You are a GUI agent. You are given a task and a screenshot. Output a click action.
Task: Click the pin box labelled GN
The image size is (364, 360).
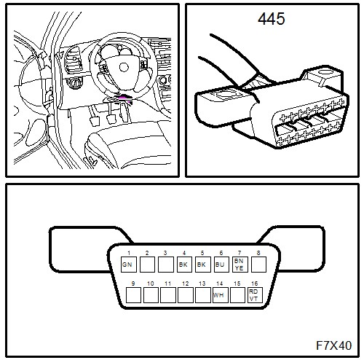[129, 265]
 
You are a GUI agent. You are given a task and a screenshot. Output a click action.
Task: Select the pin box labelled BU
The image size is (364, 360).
[221, 265]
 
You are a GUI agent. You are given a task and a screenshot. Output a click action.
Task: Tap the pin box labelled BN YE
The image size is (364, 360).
[240, 265]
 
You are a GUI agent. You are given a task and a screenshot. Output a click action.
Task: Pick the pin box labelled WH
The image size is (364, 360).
[221, 295]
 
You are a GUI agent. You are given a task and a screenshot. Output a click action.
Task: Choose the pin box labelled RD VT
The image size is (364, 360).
[255, 295]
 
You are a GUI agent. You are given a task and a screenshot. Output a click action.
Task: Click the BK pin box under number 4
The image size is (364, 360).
[184, 265]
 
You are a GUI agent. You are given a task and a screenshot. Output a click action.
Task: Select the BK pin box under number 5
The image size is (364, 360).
[203, 265]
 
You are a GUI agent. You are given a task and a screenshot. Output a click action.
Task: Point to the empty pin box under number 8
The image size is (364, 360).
[258, 265]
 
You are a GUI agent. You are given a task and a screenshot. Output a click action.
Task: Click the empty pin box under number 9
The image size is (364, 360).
[133, 295]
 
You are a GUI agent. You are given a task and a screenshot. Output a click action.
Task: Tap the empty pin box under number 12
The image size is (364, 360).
[186, 295]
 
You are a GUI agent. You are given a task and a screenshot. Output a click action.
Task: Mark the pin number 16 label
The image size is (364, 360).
[254, 283]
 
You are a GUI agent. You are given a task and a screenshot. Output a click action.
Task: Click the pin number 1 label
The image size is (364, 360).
[129, 253]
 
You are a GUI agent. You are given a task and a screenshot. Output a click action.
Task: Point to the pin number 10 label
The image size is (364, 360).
[151, 283]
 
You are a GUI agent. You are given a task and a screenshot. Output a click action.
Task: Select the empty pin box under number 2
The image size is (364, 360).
[147, 265]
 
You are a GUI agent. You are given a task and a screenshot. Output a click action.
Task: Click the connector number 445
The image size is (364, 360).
[272, 19]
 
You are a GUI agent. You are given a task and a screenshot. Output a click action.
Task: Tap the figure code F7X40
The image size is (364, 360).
[334, 345]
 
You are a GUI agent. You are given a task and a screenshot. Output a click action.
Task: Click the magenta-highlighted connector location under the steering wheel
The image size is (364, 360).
[125, 98]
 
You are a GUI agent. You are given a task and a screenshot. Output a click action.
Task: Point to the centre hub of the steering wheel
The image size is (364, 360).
[124, 67]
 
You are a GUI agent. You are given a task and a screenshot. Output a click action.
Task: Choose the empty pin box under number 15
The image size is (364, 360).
[237, 295]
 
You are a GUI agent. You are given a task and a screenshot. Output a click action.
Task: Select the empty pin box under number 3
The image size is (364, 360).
[166, 265]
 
